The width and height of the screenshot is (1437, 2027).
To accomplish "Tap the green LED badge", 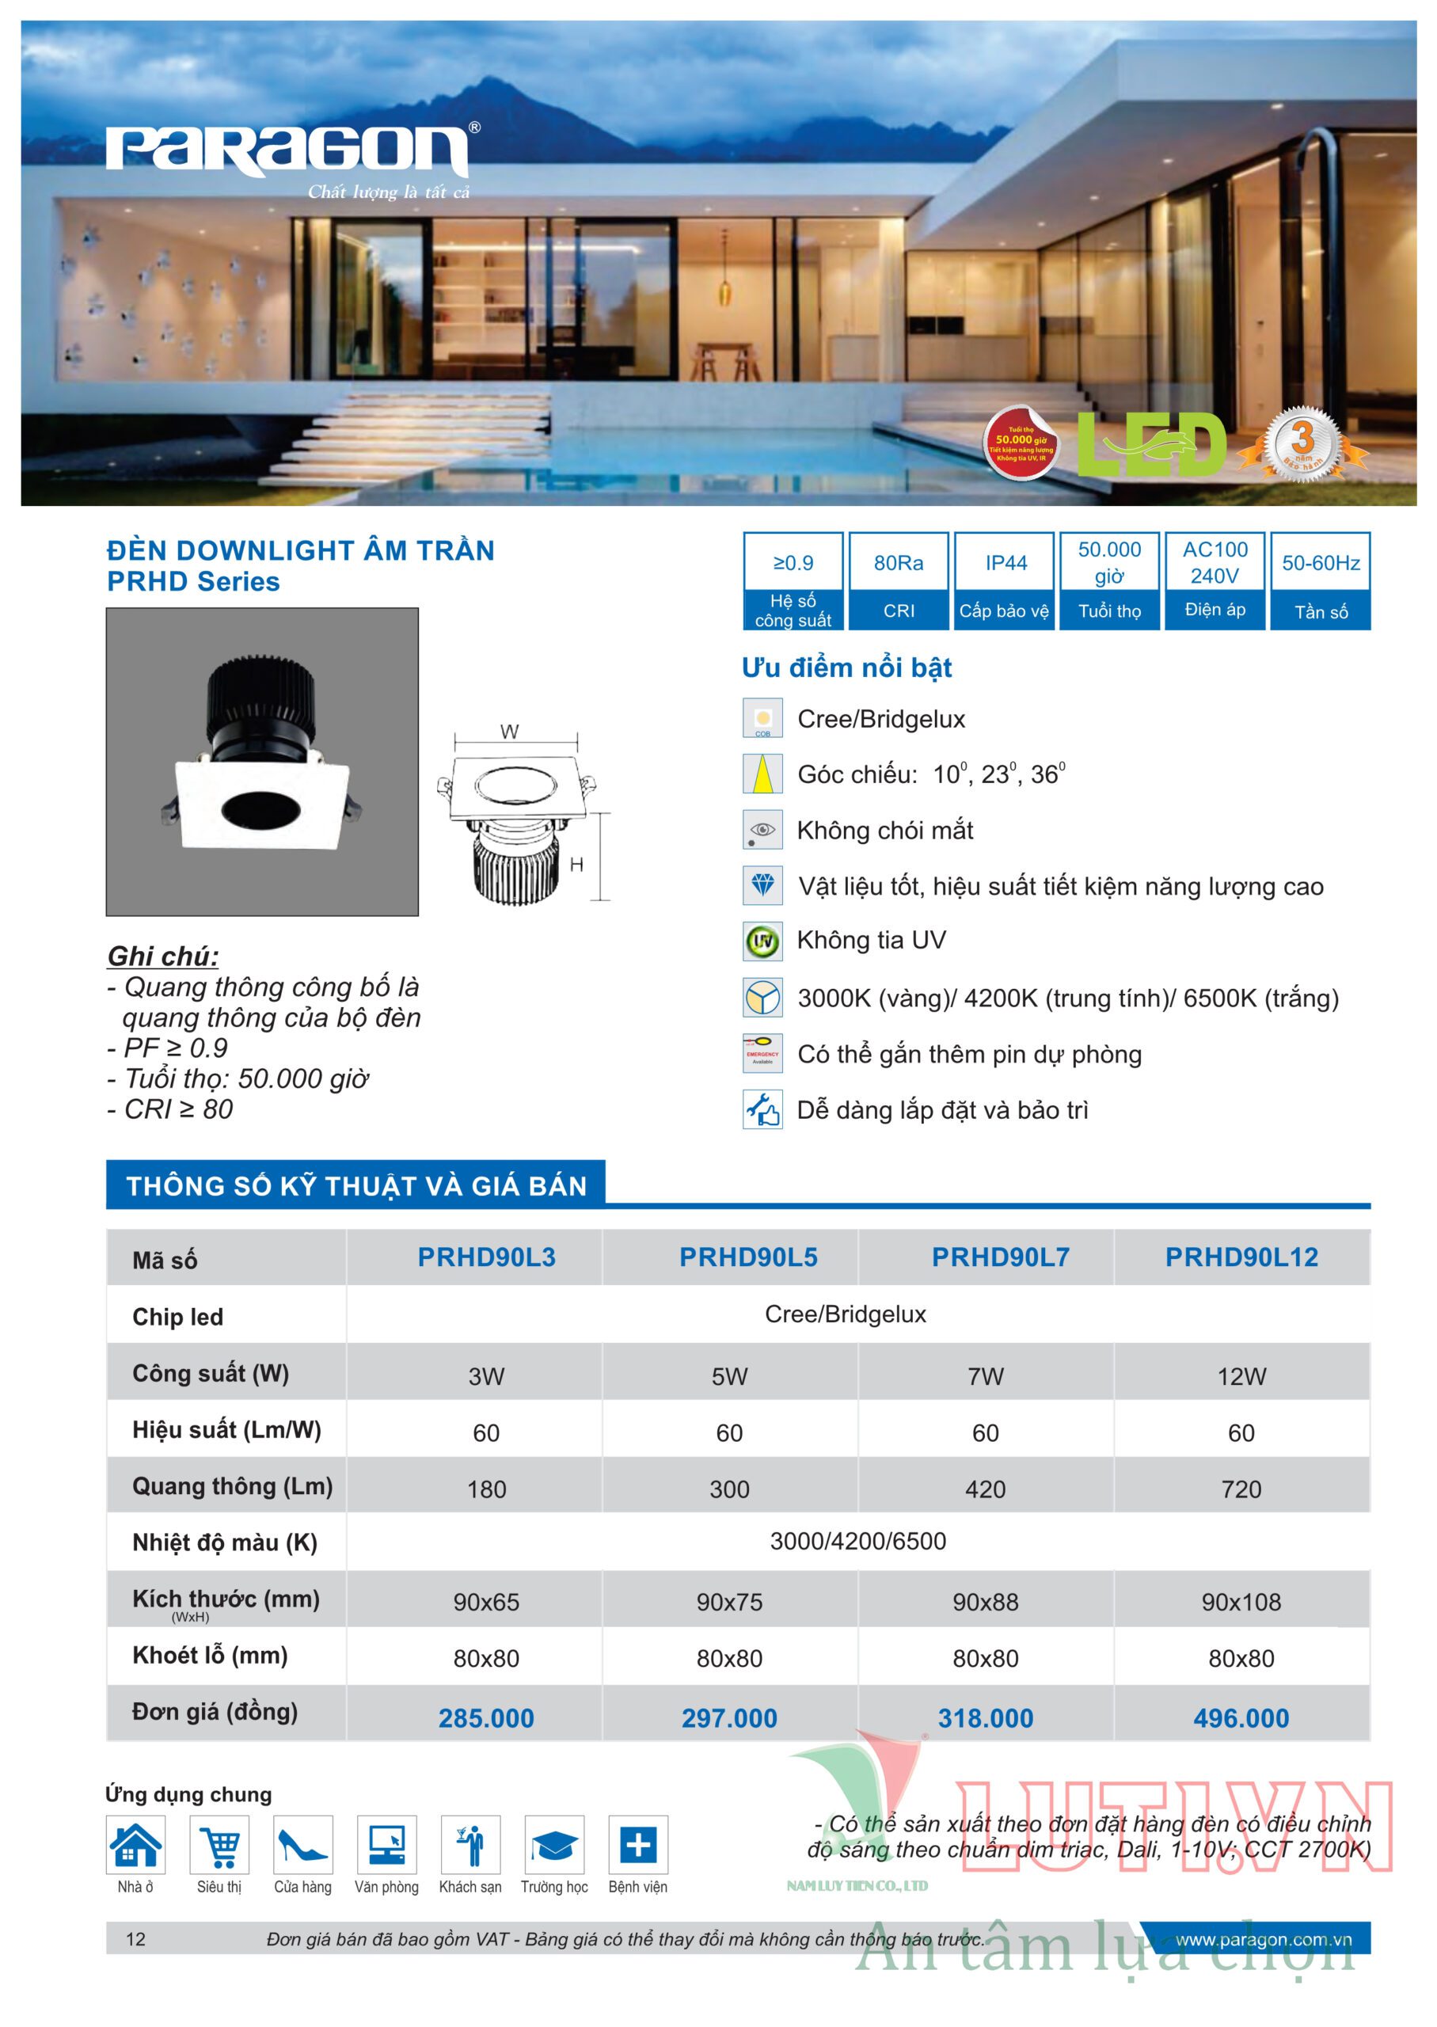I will coord(1150,445).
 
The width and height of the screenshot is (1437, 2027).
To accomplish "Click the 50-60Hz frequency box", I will coord(1320,580).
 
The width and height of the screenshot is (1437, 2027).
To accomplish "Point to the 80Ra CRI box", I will coord(898,580).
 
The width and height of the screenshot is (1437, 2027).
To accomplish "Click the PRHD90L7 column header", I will coord(1000,1257).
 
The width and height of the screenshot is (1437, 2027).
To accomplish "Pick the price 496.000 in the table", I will coord(1241,1718).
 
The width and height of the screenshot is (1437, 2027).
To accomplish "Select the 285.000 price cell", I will coord(486,1718).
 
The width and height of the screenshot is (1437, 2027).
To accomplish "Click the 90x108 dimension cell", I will coord(1241,1602).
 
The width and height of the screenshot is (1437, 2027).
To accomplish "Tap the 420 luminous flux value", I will coord(985,1489).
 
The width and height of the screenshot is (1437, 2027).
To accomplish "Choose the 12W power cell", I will coord(1241,1377).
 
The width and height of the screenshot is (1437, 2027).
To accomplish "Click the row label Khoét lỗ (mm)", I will coord(210,1656).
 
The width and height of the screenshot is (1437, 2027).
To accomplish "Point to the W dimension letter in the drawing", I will coord(510,732).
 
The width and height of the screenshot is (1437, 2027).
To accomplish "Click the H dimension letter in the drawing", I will coord(577,865).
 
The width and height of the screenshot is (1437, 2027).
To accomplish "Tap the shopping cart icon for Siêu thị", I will coord(219,1845).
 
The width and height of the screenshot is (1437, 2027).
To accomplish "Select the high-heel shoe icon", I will coord(302,1845).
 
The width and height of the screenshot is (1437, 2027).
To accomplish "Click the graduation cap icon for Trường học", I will coord(554,1845).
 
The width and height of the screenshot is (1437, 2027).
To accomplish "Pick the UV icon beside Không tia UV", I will coord(762,941).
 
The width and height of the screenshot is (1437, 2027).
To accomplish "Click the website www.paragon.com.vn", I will coord(1263,1939).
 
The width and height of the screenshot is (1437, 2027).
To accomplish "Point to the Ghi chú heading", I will coord(163,956).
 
